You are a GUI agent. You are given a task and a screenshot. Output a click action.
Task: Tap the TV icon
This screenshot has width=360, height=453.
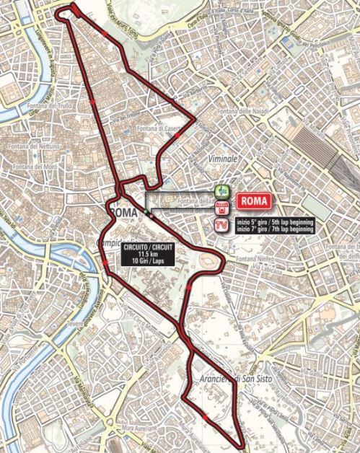(x=223, y=226)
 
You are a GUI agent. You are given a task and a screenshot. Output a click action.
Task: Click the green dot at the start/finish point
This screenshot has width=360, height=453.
(x=145, y=212)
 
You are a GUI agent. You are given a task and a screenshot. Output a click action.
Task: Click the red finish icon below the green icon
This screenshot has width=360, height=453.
(x=223, y=208)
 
